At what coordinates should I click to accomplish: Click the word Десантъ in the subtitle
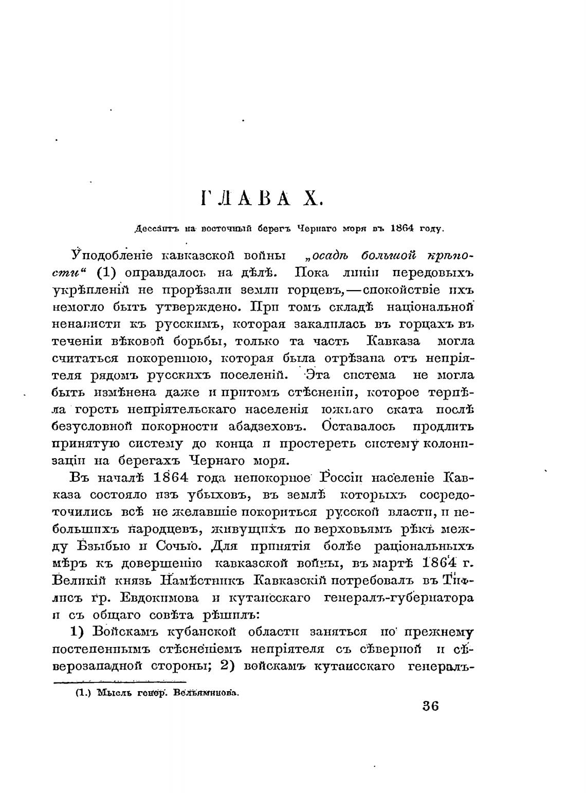coord(154,229)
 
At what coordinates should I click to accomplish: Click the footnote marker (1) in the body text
coord(108,273)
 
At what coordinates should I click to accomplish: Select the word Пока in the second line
coord(307,273)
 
